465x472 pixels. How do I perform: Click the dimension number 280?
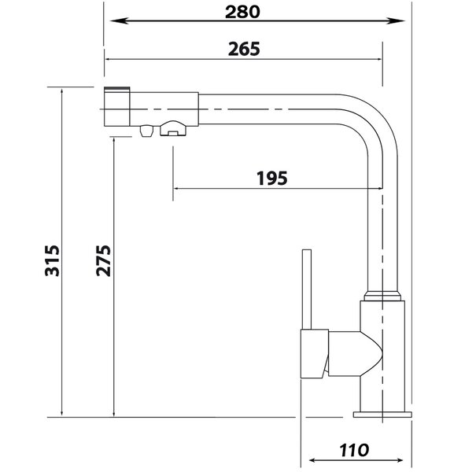[x=242, y=12]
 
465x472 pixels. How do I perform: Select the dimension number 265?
[x=244, y=49]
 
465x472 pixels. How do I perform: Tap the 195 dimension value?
[x=272, y=179]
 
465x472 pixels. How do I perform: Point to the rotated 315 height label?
[x=52, y=260]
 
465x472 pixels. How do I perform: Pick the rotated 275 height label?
[x=103, y=260]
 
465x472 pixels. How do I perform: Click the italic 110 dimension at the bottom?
[x=354, y=450]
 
